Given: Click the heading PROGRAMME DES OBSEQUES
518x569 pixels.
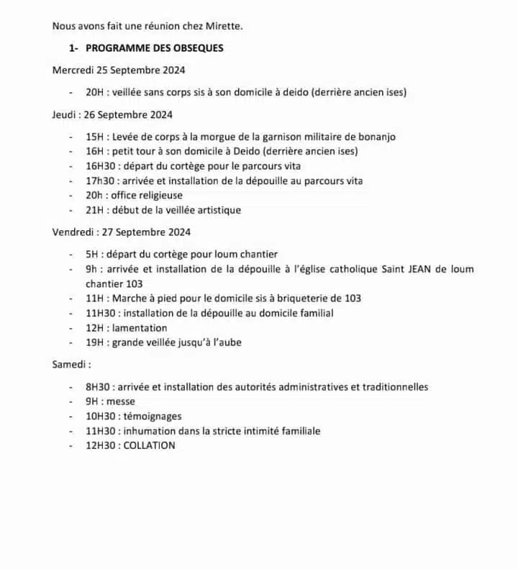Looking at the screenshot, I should point(154,48).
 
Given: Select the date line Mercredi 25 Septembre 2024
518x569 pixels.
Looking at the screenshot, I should point(119,70).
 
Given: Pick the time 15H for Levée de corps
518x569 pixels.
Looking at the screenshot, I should point(94,137).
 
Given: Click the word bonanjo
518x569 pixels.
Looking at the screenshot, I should point(374,137).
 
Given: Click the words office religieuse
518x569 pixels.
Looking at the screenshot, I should point(147,196).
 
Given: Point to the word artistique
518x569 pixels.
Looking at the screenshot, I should point(216,210).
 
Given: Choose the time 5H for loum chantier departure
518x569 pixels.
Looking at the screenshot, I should point(91,254).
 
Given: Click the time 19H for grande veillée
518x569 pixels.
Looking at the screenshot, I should point(94,342).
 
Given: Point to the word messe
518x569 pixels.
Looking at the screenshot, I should point(121,401).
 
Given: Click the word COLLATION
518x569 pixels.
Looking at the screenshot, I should point(149,445).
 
